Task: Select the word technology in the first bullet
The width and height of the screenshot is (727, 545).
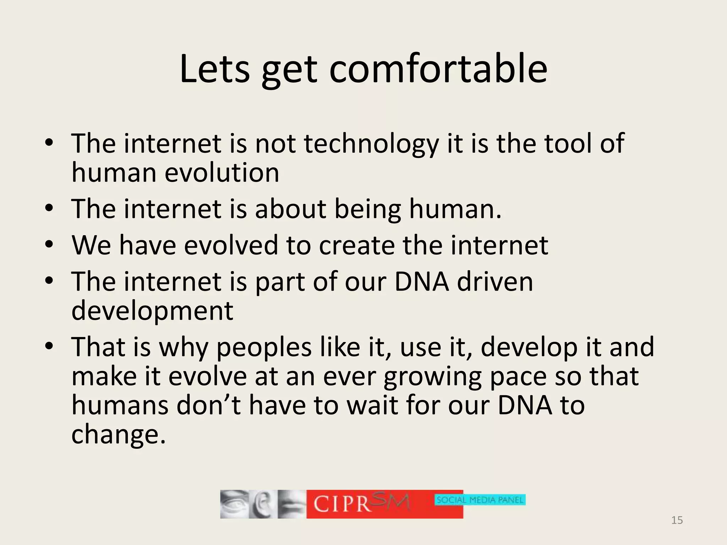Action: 371,144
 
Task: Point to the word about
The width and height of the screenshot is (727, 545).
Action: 290,209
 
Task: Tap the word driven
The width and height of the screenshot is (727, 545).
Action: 495,282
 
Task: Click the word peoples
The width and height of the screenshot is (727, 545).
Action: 264,348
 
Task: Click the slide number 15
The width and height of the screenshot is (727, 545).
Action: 677,520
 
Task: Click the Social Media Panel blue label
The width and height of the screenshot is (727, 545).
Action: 480,500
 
